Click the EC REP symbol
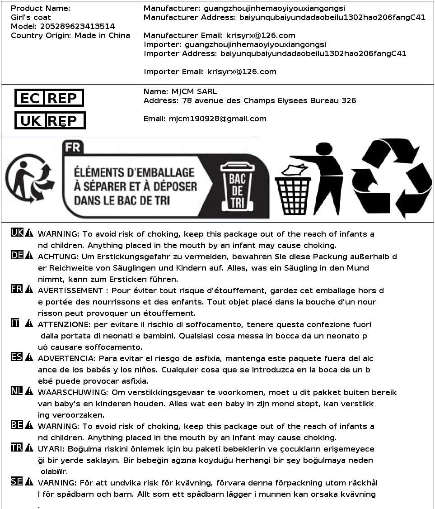(x=49, y=98)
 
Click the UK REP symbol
(x=50, y=120)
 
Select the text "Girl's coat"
(x=31, y=17)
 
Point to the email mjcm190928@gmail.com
(x=218, y=119)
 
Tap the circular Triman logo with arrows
(x=30, y=179)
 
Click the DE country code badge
(x=17, y=255)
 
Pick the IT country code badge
(x=15, y=323)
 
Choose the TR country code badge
(x=17, y=447)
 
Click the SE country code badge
(x=17, y=481)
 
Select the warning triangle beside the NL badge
(x=29, y=391)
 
